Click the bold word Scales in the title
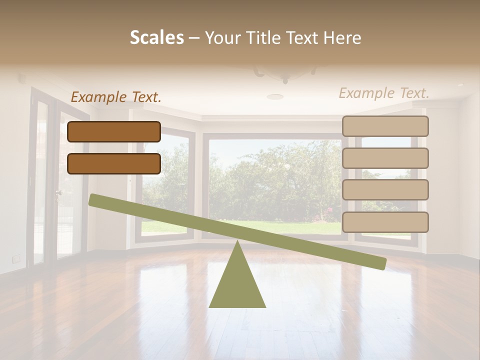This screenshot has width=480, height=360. [157, 37]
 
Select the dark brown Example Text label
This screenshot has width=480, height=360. [116, 97]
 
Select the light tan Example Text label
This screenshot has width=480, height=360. [384, 93]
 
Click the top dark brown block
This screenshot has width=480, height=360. [114, 131]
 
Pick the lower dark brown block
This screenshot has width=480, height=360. [114, 163]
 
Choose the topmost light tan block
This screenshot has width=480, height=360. [385, 126]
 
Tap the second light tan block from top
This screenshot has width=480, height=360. [385, 158]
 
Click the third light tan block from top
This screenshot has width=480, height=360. [385, 190]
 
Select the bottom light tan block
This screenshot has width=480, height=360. [385, 222]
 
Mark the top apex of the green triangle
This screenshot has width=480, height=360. [237, 242]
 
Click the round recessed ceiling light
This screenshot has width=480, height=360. [274, 96]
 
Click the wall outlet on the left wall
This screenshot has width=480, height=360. [16, 258]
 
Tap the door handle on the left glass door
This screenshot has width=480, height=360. [58, 192]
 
